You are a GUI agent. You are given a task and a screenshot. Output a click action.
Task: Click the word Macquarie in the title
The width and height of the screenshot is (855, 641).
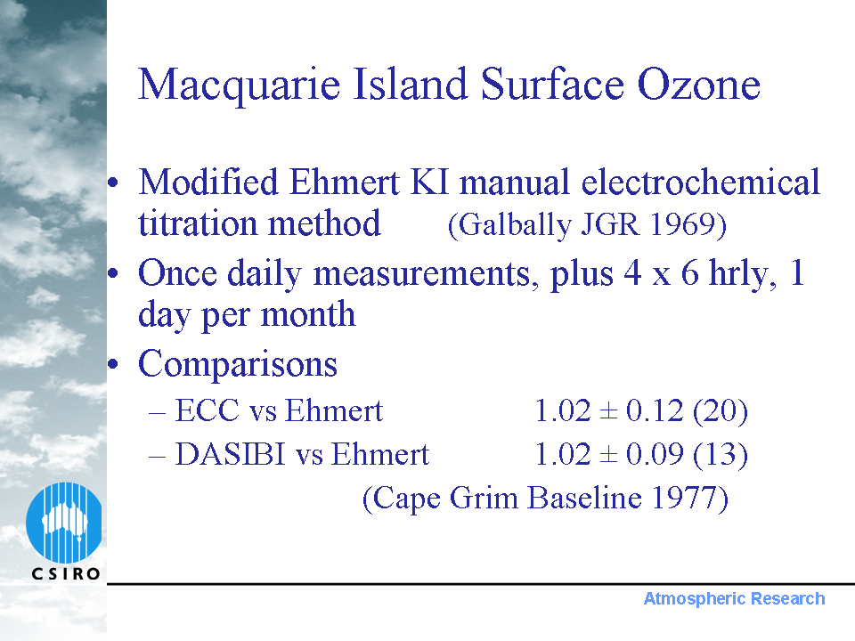click(x=240, y=85)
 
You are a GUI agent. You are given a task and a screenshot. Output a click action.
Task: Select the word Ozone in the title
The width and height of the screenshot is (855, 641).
click(x=698, y=85)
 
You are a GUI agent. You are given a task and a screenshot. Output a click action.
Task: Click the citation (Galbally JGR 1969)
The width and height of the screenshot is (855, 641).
click(x=587, y=224)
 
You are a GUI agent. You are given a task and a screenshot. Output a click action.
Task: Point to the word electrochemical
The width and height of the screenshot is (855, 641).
click(x=700, y=182)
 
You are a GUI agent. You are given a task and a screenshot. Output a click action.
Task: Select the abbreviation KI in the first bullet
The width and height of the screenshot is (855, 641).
click(x=429, y=182)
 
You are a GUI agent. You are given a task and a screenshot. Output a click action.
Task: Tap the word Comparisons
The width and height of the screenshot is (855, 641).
click(x=238, y=363)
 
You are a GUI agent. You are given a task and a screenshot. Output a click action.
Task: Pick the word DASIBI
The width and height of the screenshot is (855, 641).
click(x=230, y=454)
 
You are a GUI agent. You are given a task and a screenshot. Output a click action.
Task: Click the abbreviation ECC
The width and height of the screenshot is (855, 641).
click(x=208, y=410)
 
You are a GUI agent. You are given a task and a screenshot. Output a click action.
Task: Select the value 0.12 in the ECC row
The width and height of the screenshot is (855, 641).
click(x=655, y=410)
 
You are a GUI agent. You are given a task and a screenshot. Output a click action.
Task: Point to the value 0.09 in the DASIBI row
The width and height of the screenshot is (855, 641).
click(x=655, y=454)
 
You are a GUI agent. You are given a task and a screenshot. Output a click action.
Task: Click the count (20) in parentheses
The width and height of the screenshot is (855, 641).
click(x=721, y=411)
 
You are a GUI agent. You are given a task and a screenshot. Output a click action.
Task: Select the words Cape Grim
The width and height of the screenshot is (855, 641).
click(x=445, y=499)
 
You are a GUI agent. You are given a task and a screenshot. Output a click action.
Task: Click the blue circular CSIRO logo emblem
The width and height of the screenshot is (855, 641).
click(x=64, y=523)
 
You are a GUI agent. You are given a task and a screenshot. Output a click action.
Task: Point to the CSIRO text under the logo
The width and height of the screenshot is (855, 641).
click(x=66, y=573)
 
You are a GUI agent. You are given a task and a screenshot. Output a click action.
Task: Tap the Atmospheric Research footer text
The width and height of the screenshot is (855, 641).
click(x=734, y=598)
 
